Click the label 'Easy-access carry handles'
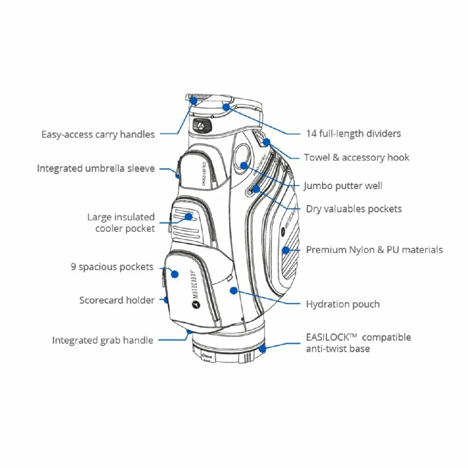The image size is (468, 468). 97,134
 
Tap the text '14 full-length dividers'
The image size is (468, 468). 353,133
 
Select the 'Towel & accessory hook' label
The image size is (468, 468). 357,157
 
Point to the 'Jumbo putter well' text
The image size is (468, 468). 343,186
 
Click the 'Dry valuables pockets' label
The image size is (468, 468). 354,209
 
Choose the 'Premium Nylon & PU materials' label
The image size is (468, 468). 374,250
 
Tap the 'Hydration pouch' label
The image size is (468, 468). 343,304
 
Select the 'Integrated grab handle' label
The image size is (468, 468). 102,340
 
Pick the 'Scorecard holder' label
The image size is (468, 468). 117,300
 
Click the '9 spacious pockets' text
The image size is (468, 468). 112,267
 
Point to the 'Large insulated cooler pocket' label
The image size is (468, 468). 121,223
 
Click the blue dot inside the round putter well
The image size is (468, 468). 244,166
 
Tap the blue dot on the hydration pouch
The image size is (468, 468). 232,291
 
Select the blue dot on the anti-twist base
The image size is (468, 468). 262,349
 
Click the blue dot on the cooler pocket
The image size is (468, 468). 189,216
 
